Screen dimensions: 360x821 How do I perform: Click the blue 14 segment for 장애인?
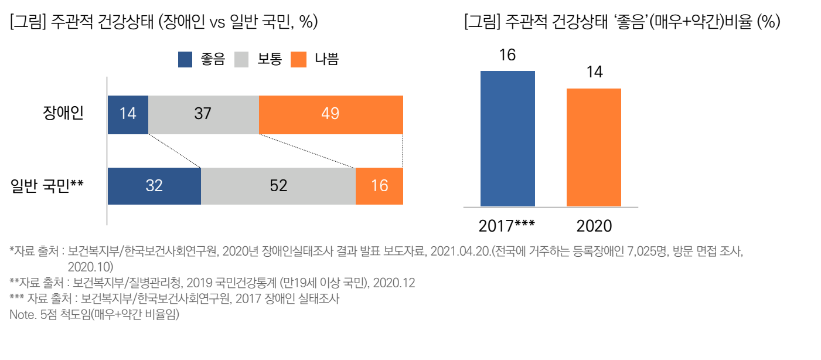click(128, 114)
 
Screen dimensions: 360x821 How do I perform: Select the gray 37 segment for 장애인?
click(203, 114)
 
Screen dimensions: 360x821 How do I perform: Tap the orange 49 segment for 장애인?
click(331, 114)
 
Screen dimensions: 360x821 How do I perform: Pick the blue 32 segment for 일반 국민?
click(154, 186)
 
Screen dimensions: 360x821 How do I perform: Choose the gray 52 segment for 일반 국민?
click(278, 186)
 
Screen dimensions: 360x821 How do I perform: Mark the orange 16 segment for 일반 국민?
click(379, 186)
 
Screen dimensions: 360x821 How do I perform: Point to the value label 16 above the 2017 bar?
click(507, 56)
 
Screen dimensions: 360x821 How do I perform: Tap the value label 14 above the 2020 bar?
click(594, 73)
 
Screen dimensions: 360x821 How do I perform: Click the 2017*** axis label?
click(507, 226)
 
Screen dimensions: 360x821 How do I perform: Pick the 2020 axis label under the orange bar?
click(594, 226)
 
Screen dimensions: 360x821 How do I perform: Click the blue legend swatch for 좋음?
click(185, 59)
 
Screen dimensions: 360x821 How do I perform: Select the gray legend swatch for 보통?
click(241, 59)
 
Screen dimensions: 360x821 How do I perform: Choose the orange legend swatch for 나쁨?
click(298, 59)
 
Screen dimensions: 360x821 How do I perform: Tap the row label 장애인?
click(63, 113)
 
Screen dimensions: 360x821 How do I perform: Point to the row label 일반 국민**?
click(47, 186)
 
